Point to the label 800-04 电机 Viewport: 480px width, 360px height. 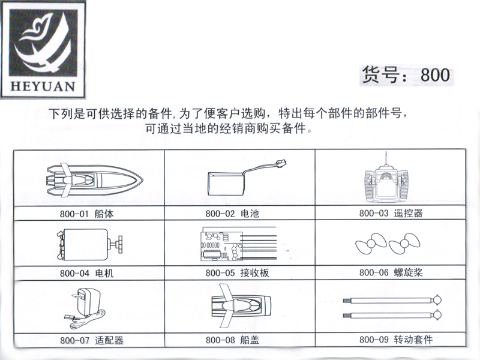pyautogui.click(x=86, y=274)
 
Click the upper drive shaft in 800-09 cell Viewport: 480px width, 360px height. pyautogui.click(x=389, y=299)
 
